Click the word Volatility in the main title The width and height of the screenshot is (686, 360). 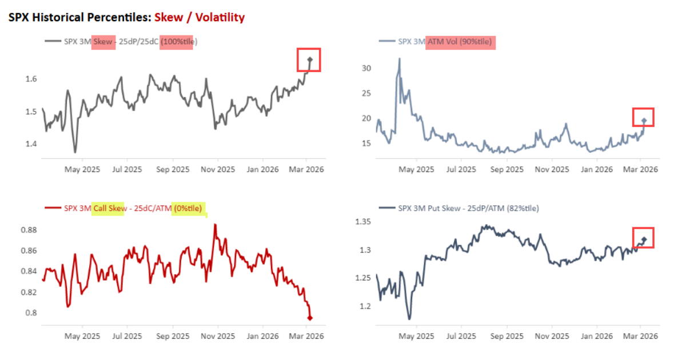(x=220, y=17)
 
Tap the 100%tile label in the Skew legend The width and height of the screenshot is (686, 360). (x=176, y=41)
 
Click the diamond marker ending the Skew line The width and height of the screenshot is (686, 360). (x=309, y=59)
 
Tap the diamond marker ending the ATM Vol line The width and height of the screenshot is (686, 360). (x=644, y=121)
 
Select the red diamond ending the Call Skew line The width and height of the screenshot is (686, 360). (x=310, y=318)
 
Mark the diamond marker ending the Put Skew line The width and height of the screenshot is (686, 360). (x=644, y=239)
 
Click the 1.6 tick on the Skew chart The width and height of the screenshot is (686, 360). (x=31, y=79)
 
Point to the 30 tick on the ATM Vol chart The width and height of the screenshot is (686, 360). (x=366, y=68)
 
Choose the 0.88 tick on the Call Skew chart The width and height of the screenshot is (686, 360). (x=29, y=230)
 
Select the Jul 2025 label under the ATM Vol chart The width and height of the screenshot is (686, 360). (x=461, y=169)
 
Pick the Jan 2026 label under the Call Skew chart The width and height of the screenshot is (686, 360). (x=262, y=336)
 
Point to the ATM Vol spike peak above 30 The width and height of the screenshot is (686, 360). (x=399, y=58)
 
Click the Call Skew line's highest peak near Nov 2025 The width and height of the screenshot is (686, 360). (x=215, y=225)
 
